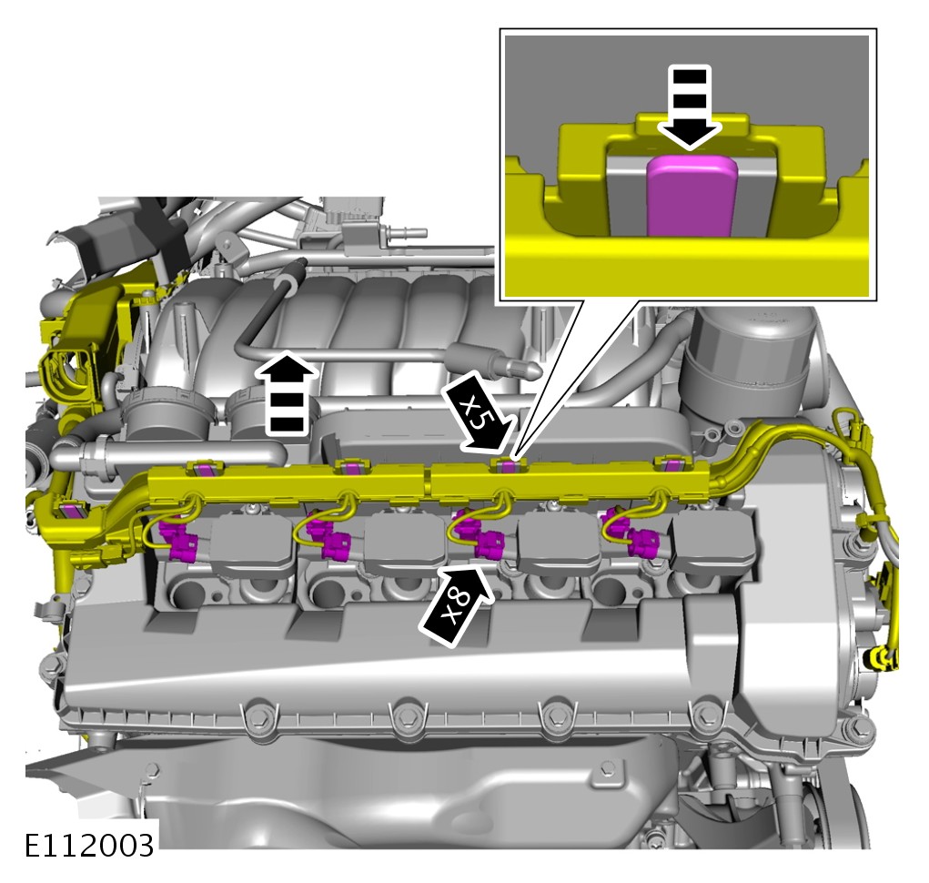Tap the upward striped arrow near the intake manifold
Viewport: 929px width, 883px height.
point(288,393)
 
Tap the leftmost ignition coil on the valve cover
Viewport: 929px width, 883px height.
point(253,543)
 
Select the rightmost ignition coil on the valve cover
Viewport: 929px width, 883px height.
point(714,539)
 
